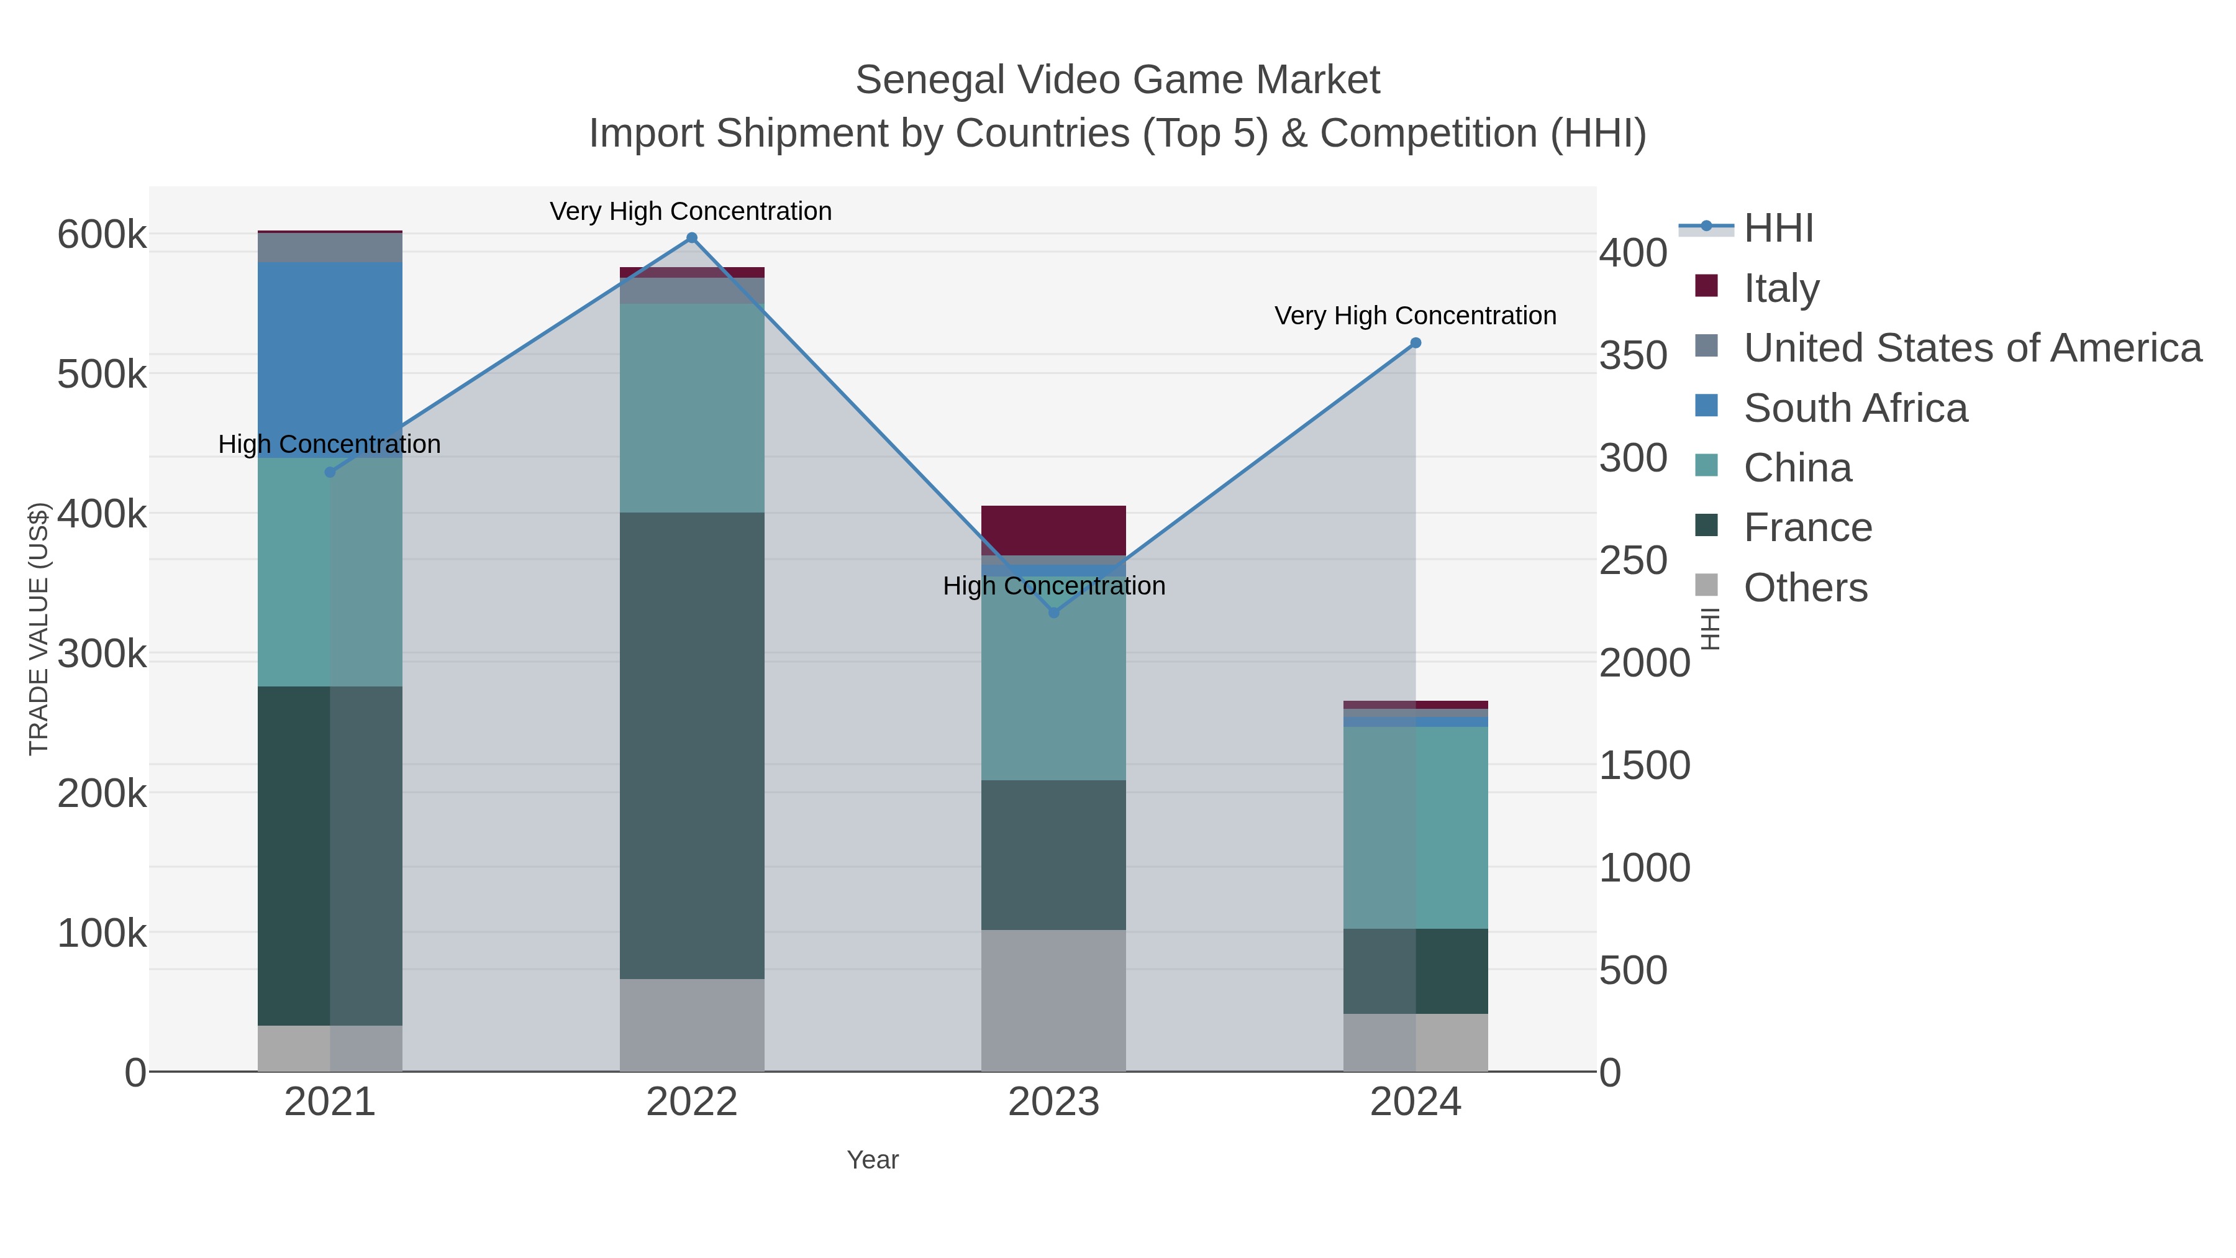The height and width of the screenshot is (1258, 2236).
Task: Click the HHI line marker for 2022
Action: tap(692, 238)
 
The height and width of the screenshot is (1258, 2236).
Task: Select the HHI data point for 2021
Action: tap(330, 472)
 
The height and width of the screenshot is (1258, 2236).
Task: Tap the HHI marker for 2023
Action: tap(1054, 613)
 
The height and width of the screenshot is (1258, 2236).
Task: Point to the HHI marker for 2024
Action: tap(1416, 343)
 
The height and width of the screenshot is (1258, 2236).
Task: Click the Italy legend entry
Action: tap(1781, 288)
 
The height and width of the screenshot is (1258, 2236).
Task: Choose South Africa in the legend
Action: tap(1856, 408)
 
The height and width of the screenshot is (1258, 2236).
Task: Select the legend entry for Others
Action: tap(1806, 588)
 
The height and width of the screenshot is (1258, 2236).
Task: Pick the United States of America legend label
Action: tap(1972, 348)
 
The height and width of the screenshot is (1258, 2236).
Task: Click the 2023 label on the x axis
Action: tap(1054, 1103)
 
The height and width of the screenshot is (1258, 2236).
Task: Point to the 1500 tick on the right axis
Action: tap(1644, 766)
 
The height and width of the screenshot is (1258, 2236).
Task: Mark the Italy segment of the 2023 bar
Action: tap(1054, 529)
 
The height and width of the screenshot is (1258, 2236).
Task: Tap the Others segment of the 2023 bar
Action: tap(1054, 1000)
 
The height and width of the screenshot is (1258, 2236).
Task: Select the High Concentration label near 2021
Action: tap(330, 445)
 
